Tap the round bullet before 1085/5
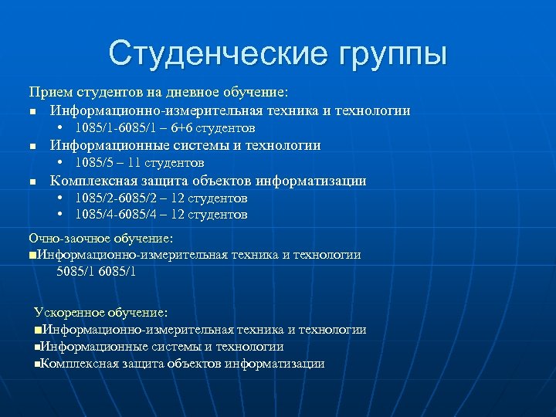[x=60, y=162]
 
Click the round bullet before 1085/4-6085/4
[x=60, y=214]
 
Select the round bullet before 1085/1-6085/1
[x=60, y=127]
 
